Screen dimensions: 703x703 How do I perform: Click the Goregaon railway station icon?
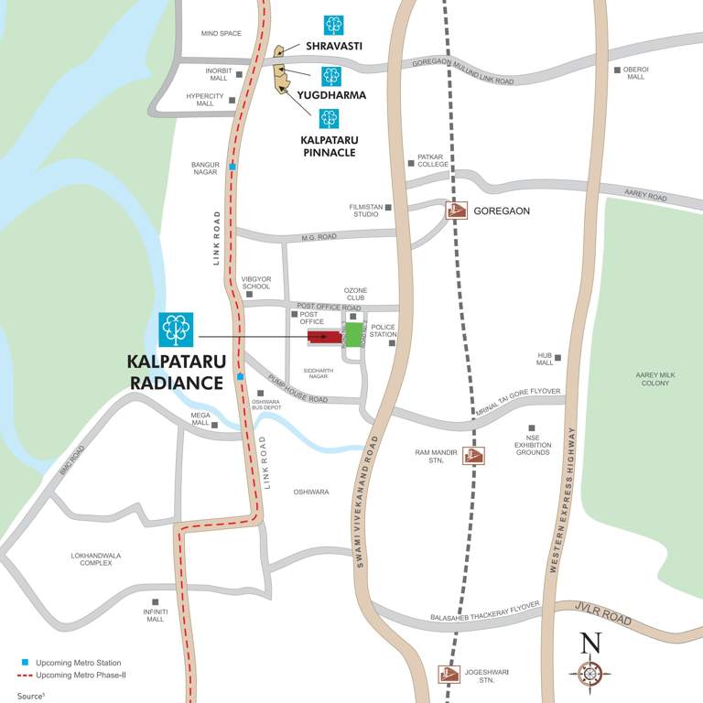456,211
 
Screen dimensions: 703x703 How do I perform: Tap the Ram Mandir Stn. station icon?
472,455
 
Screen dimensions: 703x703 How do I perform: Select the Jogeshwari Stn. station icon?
448,676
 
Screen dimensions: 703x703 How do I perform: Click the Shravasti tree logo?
333,26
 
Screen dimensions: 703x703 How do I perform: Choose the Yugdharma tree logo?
330,76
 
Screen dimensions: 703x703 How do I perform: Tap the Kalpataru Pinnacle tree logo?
328,119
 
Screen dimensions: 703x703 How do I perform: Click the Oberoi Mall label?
635,72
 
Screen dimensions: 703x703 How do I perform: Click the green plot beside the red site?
353,334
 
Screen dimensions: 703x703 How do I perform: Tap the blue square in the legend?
27,662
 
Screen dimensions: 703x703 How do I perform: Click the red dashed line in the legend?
25,676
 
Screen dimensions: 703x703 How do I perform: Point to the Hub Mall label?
546,358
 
